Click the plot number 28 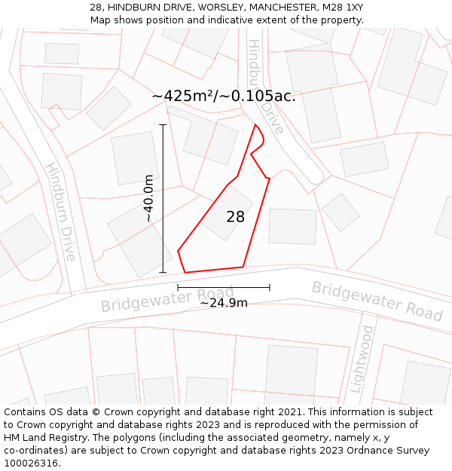[235, 217]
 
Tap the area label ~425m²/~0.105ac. [224, 96]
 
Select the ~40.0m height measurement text [149, 198]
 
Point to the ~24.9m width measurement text [223, 303]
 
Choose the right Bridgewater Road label [377, 301]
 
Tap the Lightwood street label [362, 360]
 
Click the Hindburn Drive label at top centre [266, 87]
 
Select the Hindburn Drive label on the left [60, 212]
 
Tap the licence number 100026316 [32, 463]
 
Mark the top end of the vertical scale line [163, 124]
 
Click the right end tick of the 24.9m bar [269, 287]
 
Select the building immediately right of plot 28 [292, 226]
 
